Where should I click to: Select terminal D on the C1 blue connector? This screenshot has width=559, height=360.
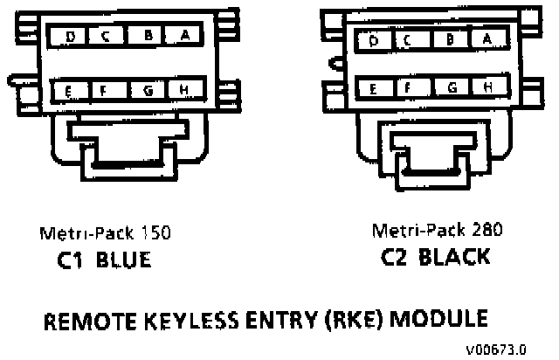tap(70, 36)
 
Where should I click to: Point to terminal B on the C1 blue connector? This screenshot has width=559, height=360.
tap(148, 36)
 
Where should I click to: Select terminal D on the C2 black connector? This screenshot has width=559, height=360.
tap(373, 40)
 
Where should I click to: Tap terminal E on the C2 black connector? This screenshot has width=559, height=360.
tap(373, 87)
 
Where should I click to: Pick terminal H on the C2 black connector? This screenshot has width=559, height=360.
tap(486, 87)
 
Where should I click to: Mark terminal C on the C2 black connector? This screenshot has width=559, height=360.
tap(407, 40)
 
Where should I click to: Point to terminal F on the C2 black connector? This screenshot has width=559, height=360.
tap(407, 87)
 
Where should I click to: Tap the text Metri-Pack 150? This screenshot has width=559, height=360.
tap(104, 233)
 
